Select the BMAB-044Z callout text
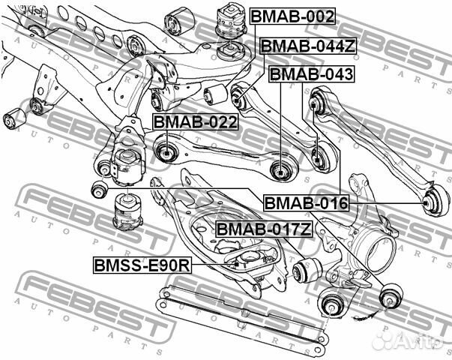pos(307,46)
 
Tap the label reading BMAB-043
pos(310,75)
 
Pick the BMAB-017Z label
pos(262,229)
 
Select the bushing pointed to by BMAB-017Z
pos(307,271)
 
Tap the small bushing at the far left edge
pos(12,118)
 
